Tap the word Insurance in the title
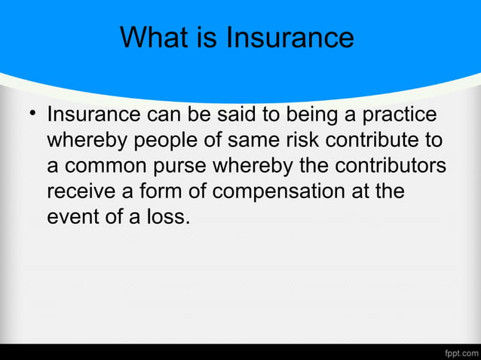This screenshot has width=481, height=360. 291,37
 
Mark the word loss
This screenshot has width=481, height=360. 170,218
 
